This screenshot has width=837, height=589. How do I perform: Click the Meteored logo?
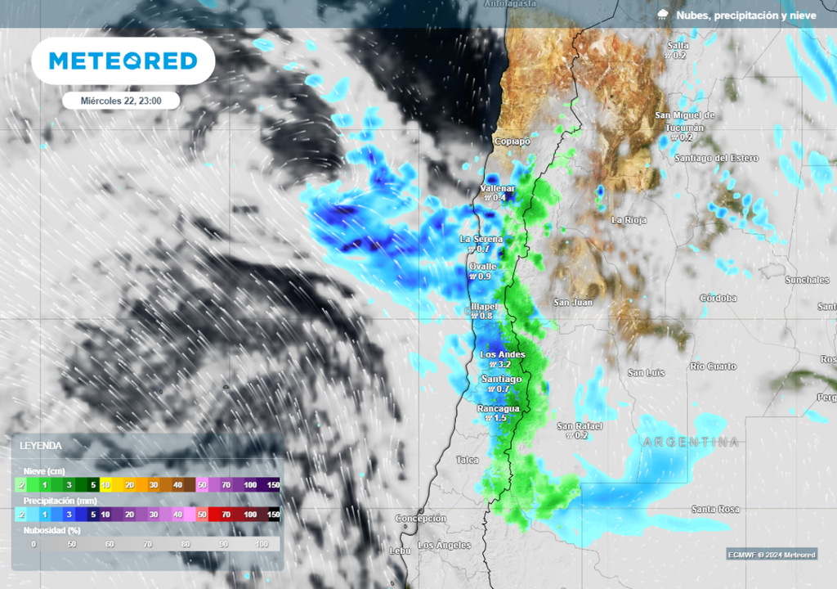click(123, 61)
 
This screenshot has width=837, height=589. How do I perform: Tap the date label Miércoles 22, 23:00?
click(121, 101)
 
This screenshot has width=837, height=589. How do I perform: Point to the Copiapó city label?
click(512, 142)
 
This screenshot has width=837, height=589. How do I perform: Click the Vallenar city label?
click(497, 188)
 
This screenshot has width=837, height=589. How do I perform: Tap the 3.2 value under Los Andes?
click(504, 364)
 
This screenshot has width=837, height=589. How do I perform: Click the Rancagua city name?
click(499, 407)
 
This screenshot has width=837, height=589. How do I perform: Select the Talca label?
click(468, 460)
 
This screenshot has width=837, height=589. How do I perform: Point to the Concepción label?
click(421, 519)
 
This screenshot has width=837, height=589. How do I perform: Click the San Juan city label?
click(573, 303)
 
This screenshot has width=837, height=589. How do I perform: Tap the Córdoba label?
click(718, 299)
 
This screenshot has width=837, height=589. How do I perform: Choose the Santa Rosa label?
click(715, 510)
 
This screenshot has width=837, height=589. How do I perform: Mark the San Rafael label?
click(580, 426)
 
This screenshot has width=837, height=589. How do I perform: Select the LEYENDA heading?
click(41, 446)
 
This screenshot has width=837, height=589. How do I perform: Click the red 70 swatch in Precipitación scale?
click(226, 515)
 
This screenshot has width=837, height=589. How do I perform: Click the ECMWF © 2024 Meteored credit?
click(772, 555)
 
